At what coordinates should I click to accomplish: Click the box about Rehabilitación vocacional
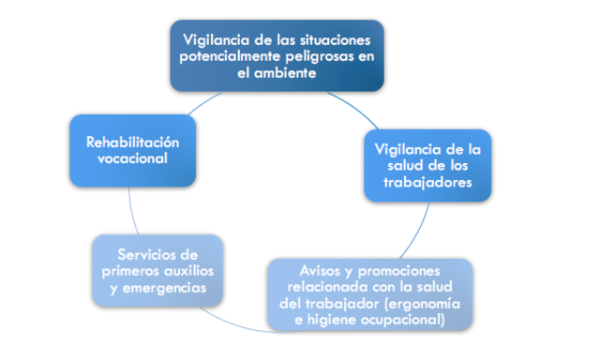(132, 151)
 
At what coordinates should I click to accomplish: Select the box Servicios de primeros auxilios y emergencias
(158, 271)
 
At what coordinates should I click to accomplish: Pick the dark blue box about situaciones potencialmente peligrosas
(277, 55)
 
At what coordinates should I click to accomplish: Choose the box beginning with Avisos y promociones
(368, 294)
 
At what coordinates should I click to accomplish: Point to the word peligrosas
(324, 56)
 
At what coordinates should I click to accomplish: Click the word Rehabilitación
(132, 142)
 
